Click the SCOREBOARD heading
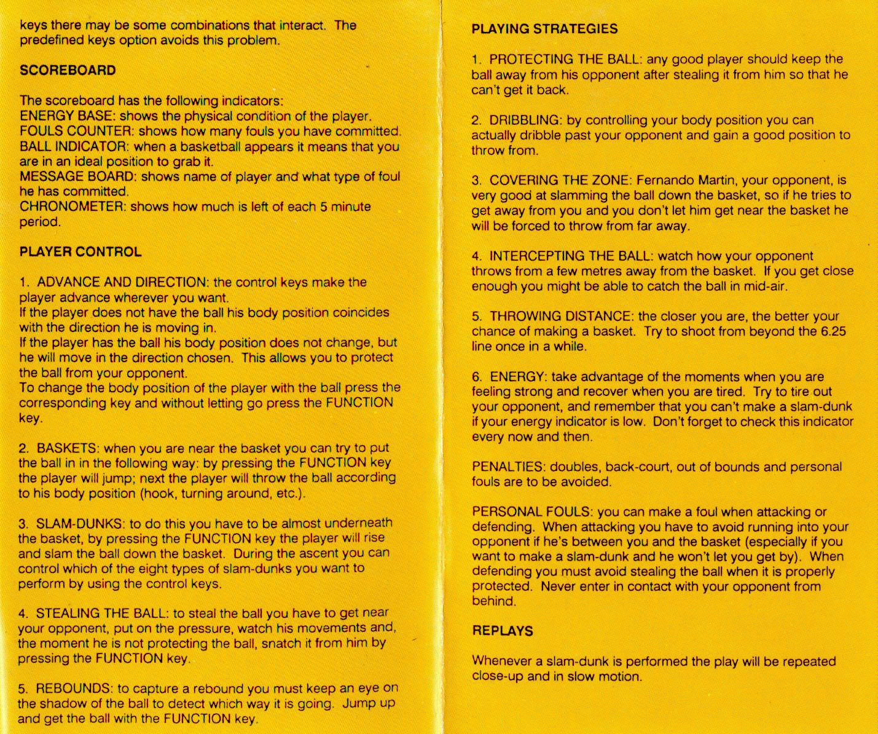68,70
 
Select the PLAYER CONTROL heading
80,251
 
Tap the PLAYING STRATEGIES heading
544,29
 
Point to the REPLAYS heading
502,631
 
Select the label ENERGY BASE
68,116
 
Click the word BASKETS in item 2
63,448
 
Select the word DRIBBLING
524,120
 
